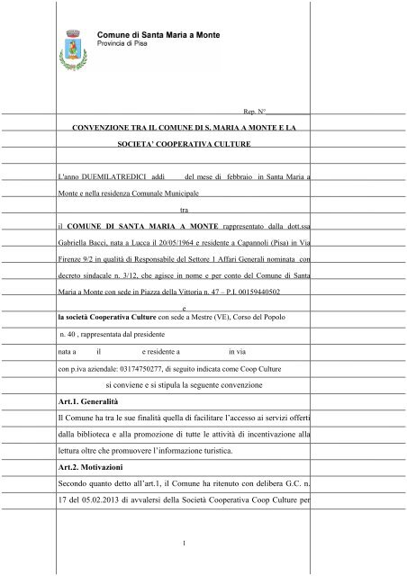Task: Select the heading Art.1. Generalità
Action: pos(87,399)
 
